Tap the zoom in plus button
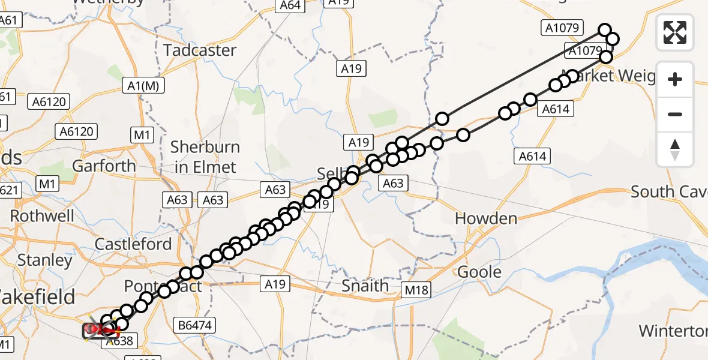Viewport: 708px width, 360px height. [x=675, y=79]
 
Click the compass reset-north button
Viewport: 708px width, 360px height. [x=675, y=149]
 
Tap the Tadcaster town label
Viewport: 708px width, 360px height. [x=200, y=50]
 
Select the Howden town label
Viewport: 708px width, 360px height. [x=486, y=218]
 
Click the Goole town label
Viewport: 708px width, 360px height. [x=479, y=272]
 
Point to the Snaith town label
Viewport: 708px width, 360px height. [x=365, y=286]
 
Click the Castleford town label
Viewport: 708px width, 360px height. [x=133, y=244]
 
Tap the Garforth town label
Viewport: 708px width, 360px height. [x=104, y=166]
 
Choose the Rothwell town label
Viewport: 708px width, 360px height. [x=42, y=215]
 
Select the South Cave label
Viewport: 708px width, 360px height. [x=669, y=192]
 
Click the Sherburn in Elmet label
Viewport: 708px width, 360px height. [x=205, y=157]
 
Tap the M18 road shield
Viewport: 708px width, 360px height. [x=416, y=291]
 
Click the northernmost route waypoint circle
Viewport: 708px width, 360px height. [x=605, y=30]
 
